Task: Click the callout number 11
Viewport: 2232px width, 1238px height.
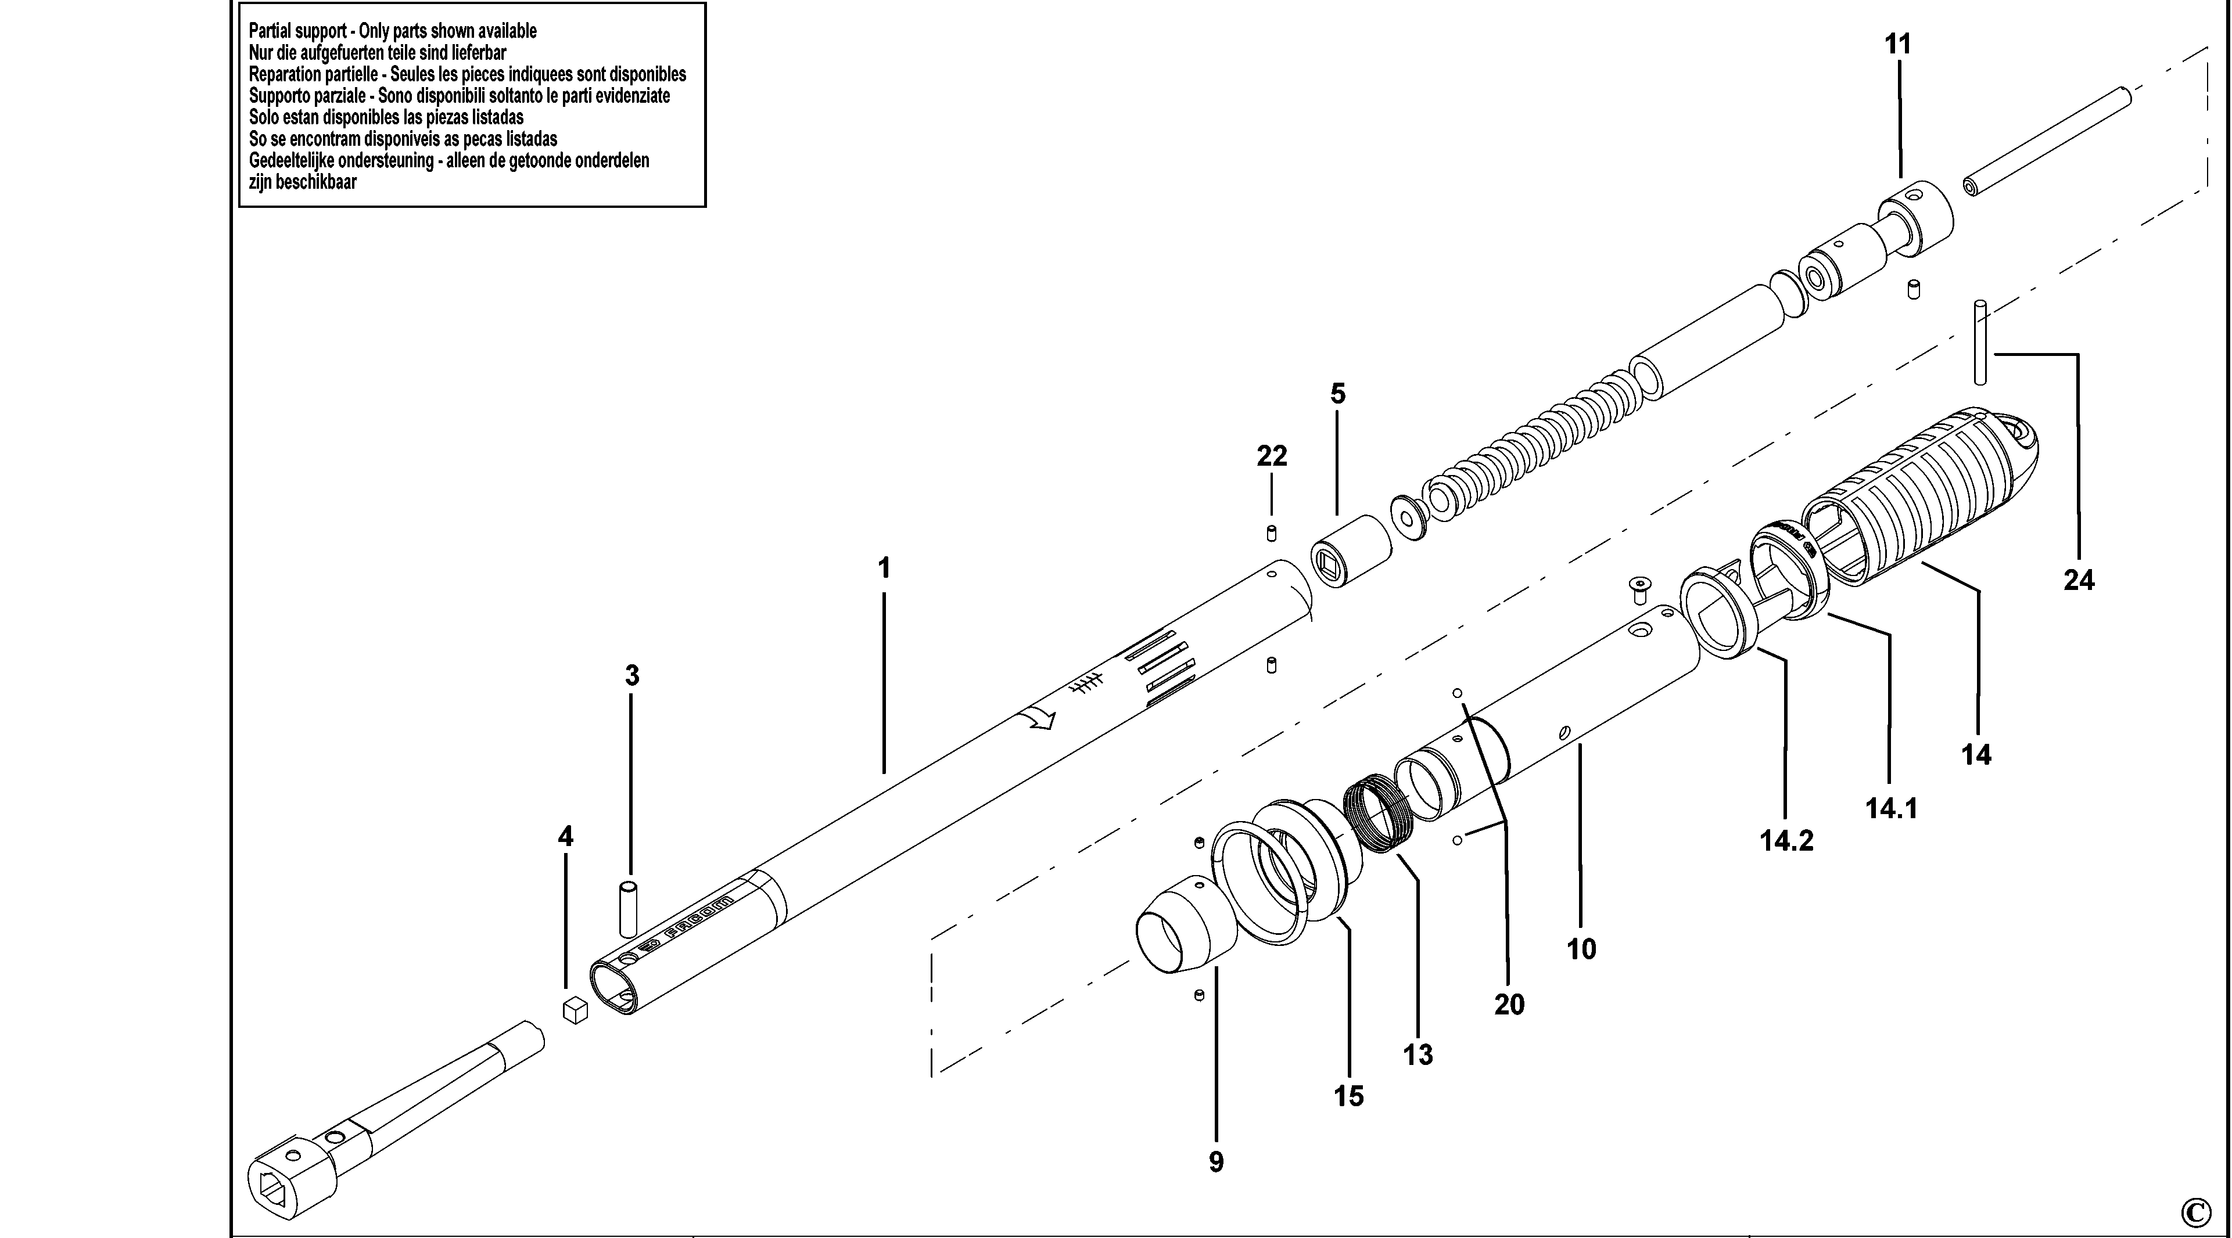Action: [x=1897, y=44]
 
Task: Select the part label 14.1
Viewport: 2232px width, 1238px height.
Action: [x=1892, y=808]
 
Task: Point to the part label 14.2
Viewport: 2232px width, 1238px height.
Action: [x=1786, y=840]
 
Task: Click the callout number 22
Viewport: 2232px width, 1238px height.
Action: [x=1272, y=456]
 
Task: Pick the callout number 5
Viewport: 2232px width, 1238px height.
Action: [x=1338, y=394]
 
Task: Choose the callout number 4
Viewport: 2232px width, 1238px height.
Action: [x=565, y=837]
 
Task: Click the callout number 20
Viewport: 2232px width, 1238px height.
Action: [x=1509, y=1005]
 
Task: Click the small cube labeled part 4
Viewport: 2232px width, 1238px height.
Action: [x=575, y=1010]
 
